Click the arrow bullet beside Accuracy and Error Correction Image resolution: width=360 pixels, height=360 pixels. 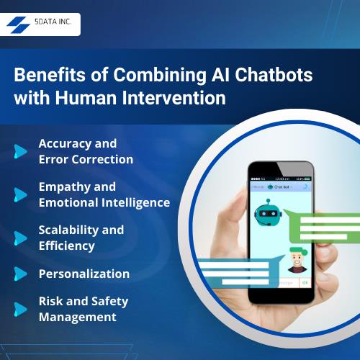coord(20,151)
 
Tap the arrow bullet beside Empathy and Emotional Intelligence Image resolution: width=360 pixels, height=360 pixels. coord(20,194)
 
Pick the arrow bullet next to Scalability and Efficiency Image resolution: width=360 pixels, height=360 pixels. coord(20,238)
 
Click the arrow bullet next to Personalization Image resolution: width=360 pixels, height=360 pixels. coord(20,274)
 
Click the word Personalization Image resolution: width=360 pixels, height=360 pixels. coord(84,274)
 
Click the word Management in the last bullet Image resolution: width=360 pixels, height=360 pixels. coord(77,317)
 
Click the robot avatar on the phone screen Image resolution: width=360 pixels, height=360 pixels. coord(269,212)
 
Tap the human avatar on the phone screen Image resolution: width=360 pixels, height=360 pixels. coord(294,261)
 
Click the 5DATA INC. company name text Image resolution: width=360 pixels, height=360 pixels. coord(53,24)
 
